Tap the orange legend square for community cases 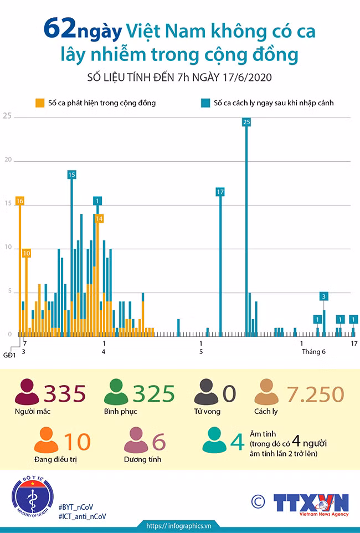click(x=40, y=103)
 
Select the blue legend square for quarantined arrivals click(x=205, y=103)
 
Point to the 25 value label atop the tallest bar click(x=246, y=122)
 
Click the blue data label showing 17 click(x=220, y=192)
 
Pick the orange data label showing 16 click(x=20, y=201)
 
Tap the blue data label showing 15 click(x=71, y=175)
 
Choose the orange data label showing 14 click(x=99, y=218)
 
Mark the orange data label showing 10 click(x=27, y=253)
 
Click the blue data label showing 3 click(x=323, y=296)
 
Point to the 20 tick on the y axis click(x=8, y=160)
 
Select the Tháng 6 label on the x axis click(x=313, y=351)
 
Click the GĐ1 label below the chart click(x=9, y=355)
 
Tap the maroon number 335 click(x=65, y=393)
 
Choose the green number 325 click(x=153, y=393)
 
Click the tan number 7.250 click(x=315, y=394)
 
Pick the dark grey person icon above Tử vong click(x=206, y=392)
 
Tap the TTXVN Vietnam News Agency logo click(x=311, y=505)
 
